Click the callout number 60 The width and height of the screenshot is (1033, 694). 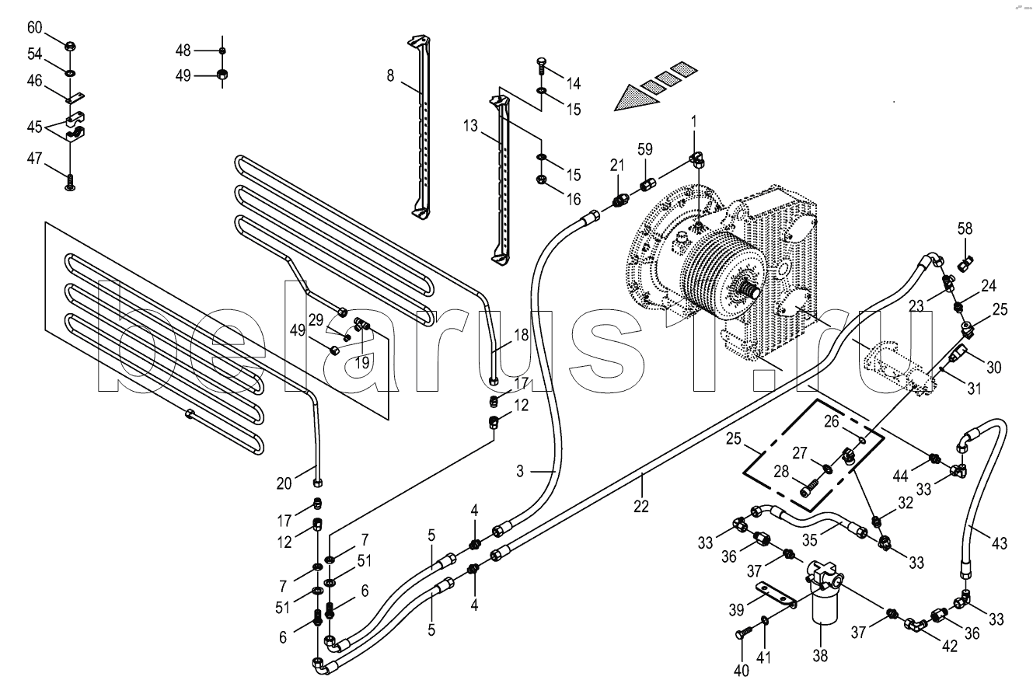pos(34,28)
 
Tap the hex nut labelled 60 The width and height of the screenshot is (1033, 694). pos(70,46)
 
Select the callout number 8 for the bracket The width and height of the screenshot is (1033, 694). pos(391,75)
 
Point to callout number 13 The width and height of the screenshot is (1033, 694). pos(470,125)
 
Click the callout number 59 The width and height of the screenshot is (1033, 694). pos(645,149)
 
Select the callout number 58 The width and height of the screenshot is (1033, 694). pos(965,228)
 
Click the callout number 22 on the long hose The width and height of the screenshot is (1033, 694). pos(641,507)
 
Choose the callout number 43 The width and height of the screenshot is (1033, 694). pos(999,543)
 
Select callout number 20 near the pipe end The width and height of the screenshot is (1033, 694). pos(284,483)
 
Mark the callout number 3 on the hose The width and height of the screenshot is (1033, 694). pos(520,471)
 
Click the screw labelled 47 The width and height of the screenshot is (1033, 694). pos(70,182)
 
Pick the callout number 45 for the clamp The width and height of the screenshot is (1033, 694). pos(34,127)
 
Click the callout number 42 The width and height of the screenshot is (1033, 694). pos(950,647)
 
